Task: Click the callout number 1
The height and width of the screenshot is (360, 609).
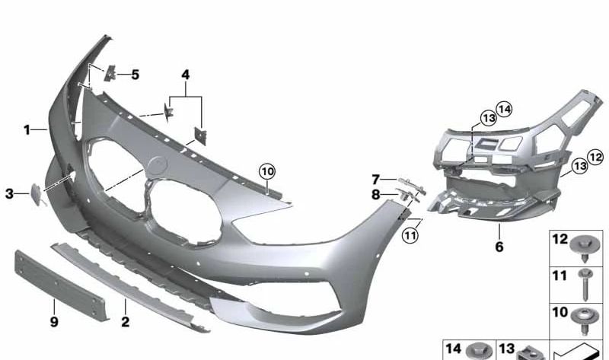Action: click(26, 130)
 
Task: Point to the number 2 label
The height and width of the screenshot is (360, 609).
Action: click(125, 322)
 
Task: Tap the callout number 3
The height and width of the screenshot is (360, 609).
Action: click(10, 194)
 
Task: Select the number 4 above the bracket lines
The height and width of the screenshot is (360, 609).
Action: click(185, 75)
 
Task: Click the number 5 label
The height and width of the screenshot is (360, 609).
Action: click(135, 75)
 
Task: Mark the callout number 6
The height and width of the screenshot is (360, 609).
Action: click(499, 247)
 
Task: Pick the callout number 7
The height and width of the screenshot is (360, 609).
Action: click(375, 180)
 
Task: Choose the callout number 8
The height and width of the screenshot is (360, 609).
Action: click(375, 195)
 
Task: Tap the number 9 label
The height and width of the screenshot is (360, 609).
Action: click(54, 322)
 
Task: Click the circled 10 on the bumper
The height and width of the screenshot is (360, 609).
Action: click(266, 172)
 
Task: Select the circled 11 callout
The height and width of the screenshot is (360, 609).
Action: click(411, 235)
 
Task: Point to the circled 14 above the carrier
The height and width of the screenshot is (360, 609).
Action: click(504, 108)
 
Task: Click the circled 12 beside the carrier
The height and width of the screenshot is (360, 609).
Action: click(595, 157)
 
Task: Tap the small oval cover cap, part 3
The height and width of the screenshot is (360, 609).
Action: click(35, 193)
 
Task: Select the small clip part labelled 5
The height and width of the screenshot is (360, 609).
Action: click(109, 74)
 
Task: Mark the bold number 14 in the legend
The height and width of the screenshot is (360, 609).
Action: click(454, 348)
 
